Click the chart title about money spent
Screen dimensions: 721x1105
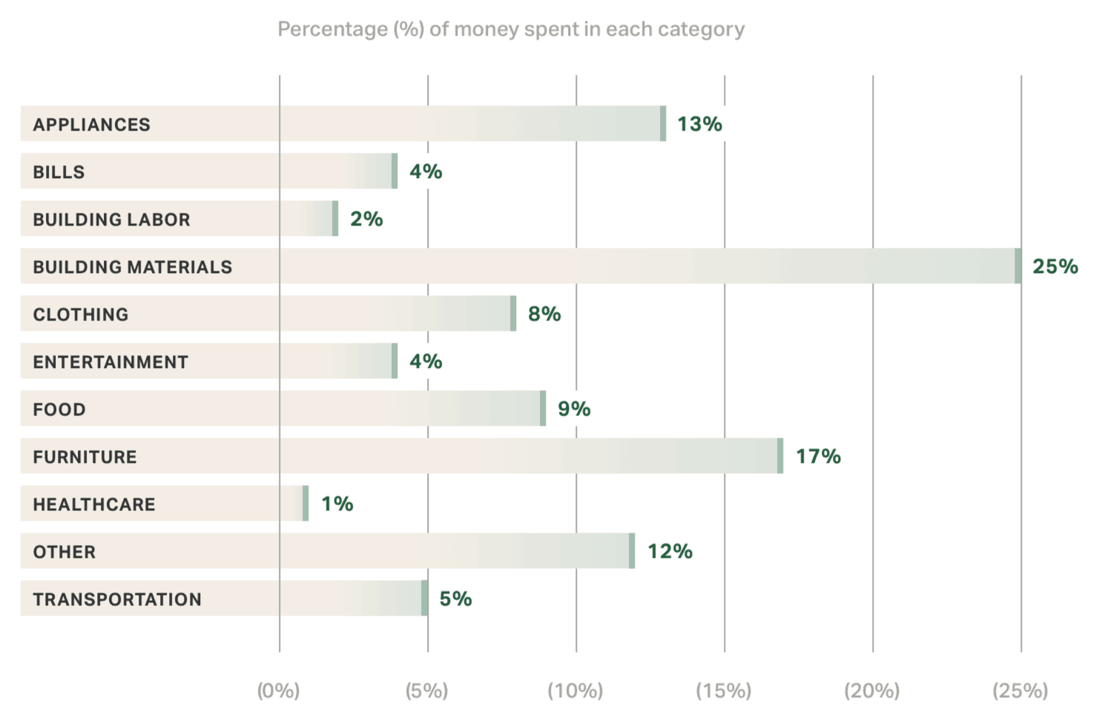coord(511,30)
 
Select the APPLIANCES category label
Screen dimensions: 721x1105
coord(91,125)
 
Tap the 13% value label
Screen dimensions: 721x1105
coord(699,124)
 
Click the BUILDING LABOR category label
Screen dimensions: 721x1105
coord(111,220)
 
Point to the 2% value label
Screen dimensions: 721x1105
coord(366,219)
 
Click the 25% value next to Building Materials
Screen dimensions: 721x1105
coord(1055,266)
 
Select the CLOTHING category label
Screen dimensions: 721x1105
coord(80,315)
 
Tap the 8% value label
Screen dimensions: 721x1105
coord(544,314)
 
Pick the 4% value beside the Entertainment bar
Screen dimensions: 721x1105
coord(426,361)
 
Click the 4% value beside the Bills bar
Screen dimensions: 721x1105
coord(426,171)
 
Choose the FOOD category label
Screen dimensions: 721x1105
coord(59,409)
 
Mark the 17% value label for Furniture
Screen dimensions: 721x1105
coord(818,456)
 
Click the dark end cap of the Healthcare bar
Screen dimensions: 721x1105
coord(306,504)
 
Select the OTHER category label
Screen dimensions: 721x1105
coord(65,552)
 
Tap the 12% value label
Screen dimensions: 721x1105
coord(670,551)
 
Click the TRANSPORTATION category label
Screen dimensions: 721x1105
coord(117,599)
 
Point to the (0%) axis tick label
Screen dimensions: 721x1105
coord(278,691)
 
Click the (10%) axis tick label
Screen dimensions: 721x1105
coord(575,691)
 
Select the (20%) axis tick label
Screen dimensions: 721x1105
coord(872,691)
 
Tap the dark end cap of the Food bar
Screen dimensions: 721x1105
coord(543,409)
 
